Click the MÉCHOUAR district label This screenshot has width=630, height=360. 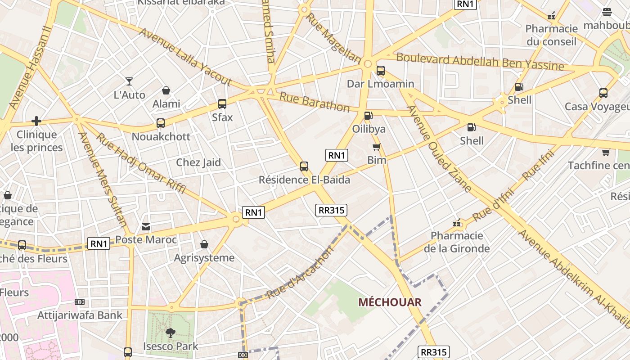point(390,302)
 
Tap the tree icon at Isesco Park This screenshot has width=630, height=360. point(171,333)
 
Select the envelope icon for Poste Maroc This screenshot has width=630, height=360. point(146,227)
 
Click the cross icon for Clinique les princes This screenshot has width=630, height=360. point(36,121)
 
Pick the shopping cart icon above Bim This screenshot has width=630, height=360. point(377,147)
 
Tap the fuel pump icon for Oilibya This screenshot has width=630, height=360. point(368,116)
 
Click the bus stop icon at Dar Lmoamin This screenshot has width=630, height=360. point(380,70)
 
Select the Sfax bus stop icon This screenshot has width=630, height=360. point(222,104)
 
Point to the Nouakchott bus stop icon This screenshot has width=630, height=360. point(161,123)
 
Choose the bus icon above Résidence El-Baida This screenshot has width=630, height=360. point(304,166)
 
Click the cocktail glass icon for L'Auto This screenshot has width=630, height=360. point(129,81)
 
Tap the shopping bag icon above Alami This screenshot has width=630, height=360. point(166,90)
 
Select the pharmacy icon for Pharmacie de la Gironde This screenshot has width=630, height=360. point(457,223)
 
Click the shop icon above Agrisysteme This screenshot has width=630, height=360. point(204,244)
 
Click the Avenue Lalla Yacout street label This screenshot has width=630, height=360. point(185,57)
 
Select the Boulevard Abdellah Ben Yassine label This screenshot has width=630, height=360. point(480,62)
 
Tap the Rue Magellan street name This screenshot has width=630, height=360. point(333,38)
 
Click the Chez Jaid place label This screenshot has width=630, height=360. point(198,162)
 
